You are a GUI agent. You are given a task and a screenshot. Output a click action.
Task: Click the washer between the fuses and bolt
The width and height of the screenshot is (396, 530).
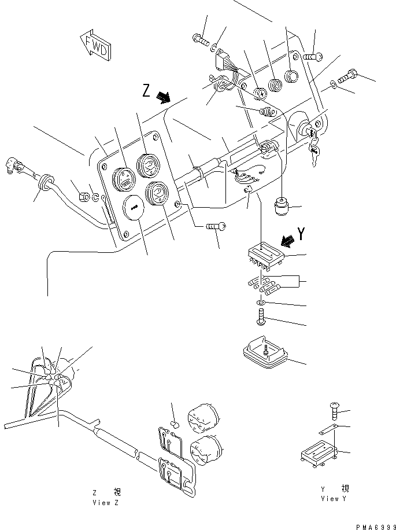[261, 304]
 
